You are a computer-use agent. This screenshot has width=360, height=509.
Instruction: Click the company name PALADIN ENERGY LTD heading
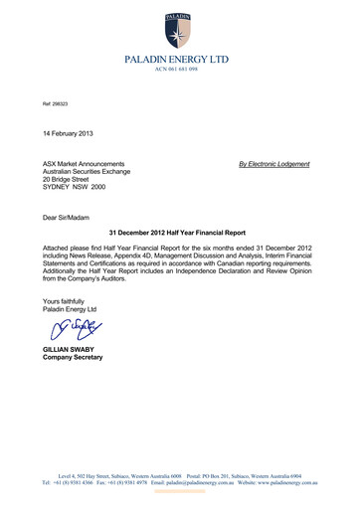pyautogui.click(x=180, y=60)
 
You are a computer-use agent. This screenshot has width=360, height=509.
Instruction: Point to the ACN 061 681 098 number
pyautogui.click(x=180, y=70)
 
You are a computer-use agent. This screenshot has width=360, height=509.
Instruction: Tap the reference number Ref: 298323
pyautogui.click(x=55, y=102)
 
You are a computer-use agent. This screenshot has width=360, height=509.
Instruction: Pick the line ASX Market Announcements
pyautogui.click(x=84, y=163)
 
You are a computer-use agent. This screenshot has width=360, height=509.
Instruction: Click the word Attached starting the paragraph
pyautogui.click(x=57, y=244)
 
